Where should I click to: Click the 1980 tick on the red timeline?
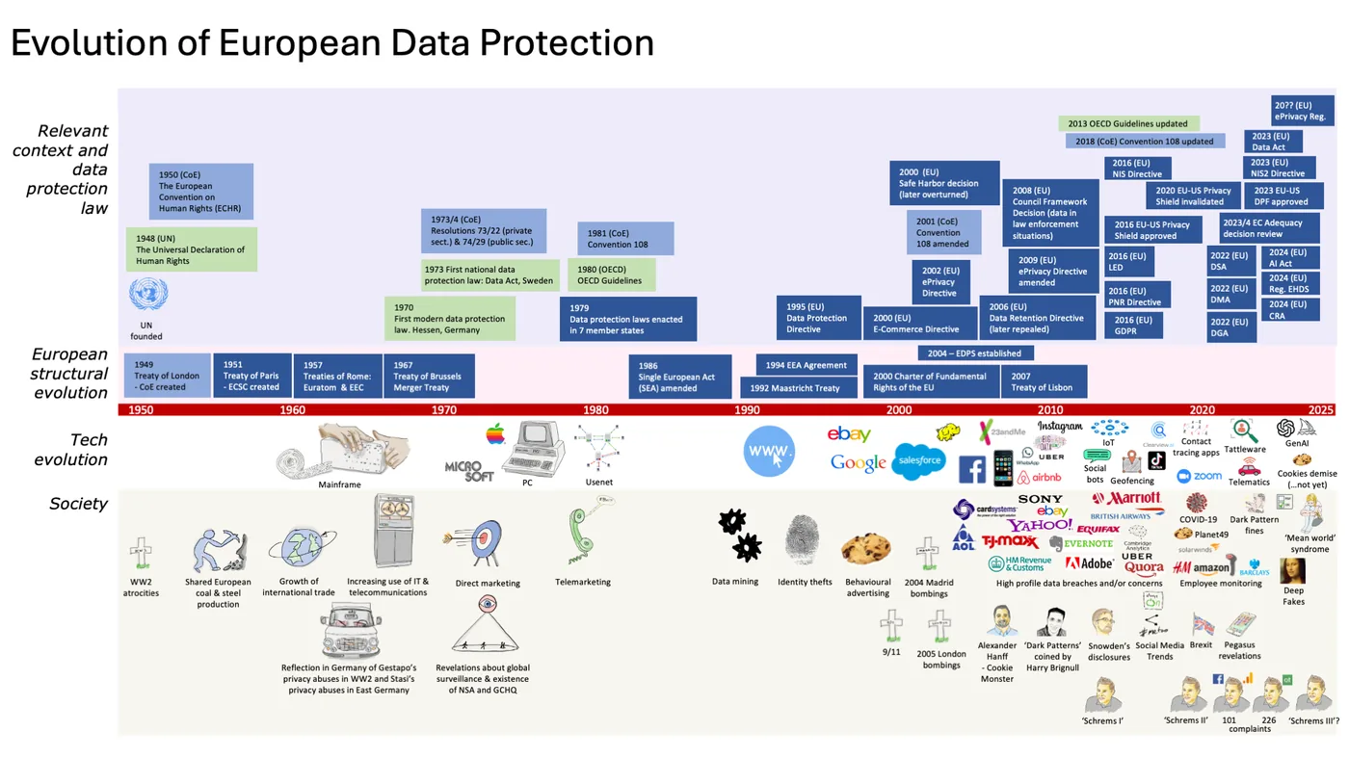595,410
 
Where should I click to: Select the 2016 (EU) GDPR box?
1133,326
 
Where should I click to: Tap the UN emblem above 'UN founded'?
148,295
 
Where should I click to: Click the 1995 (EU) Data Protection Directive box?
818,318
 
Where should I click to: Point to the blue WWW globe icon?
769,451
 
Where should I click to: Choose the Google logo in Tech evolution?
858,463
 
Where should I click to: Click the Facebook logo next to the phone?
971,469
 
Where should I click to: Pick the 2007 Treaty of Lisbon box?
1044,381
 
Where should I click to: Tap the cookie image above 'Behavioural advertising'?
865,549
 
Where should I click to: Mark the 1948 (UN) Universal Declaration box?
191,249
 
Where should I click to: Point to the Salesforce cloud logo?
918,460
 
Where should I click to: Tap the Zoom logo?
1199,476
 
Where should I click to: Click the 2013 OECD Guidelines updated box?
1128,123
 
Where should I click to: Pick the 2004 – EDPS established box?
974,353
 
